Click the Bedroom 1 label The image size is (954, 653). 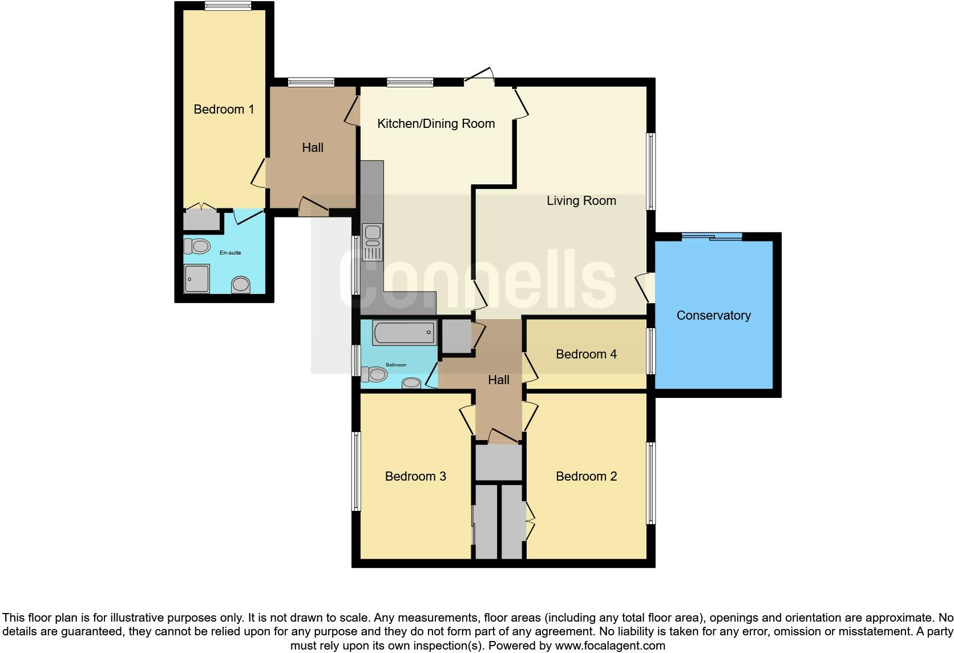pyautogui.click(x=224, y=109)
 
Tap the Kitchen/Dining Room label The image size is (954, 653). pyautogui.click(x=436, y=123)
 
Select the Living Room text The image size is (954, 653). pyautogui.click(x=581, y=200)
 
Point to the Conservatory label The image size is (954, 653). pyautogui.click(x=713, y=315)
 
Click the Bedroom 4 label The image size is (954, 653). pyautogui.click(x=586, y=354)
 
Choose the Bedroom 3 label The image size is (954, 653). pyautogui.click(x=415, y=476)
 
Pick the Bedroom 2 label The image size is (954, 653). pyautogui.click(x=586, y=476)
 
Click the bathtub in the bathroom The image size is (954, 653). pyautogui.click(x=404, y=332)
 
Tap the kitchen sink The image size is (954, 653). pyautogui.click(x=373, y=233)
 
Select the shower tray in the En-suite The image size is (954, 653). pyautogui.click(x=196, y=279)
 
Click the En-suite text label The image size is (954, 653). pyautogui.click(x=231, y=252)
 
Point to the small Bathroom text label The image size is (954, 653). pyautogui.click(x=396, y=365)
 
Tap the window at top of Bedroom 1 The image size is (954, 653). pyautogui.click(x=228, y=6)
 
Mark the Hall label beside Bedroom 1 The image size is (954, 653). pyautogui.click(x=313, y=147)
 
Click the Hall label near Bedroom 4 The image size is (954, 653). pyautogui.click(x=498, y=380)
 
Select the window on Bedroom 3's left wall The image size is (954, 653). pyautogui.click(x=356, y=471)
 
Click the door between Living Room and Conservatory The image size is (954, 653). pyautogui.click(x=647, y=288)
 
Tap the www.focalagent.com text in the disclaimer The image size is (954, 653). pyautogui.click(x=609, y=646)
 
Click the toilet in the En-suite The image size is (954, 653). pyautogui.click(x=197, y=247)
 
